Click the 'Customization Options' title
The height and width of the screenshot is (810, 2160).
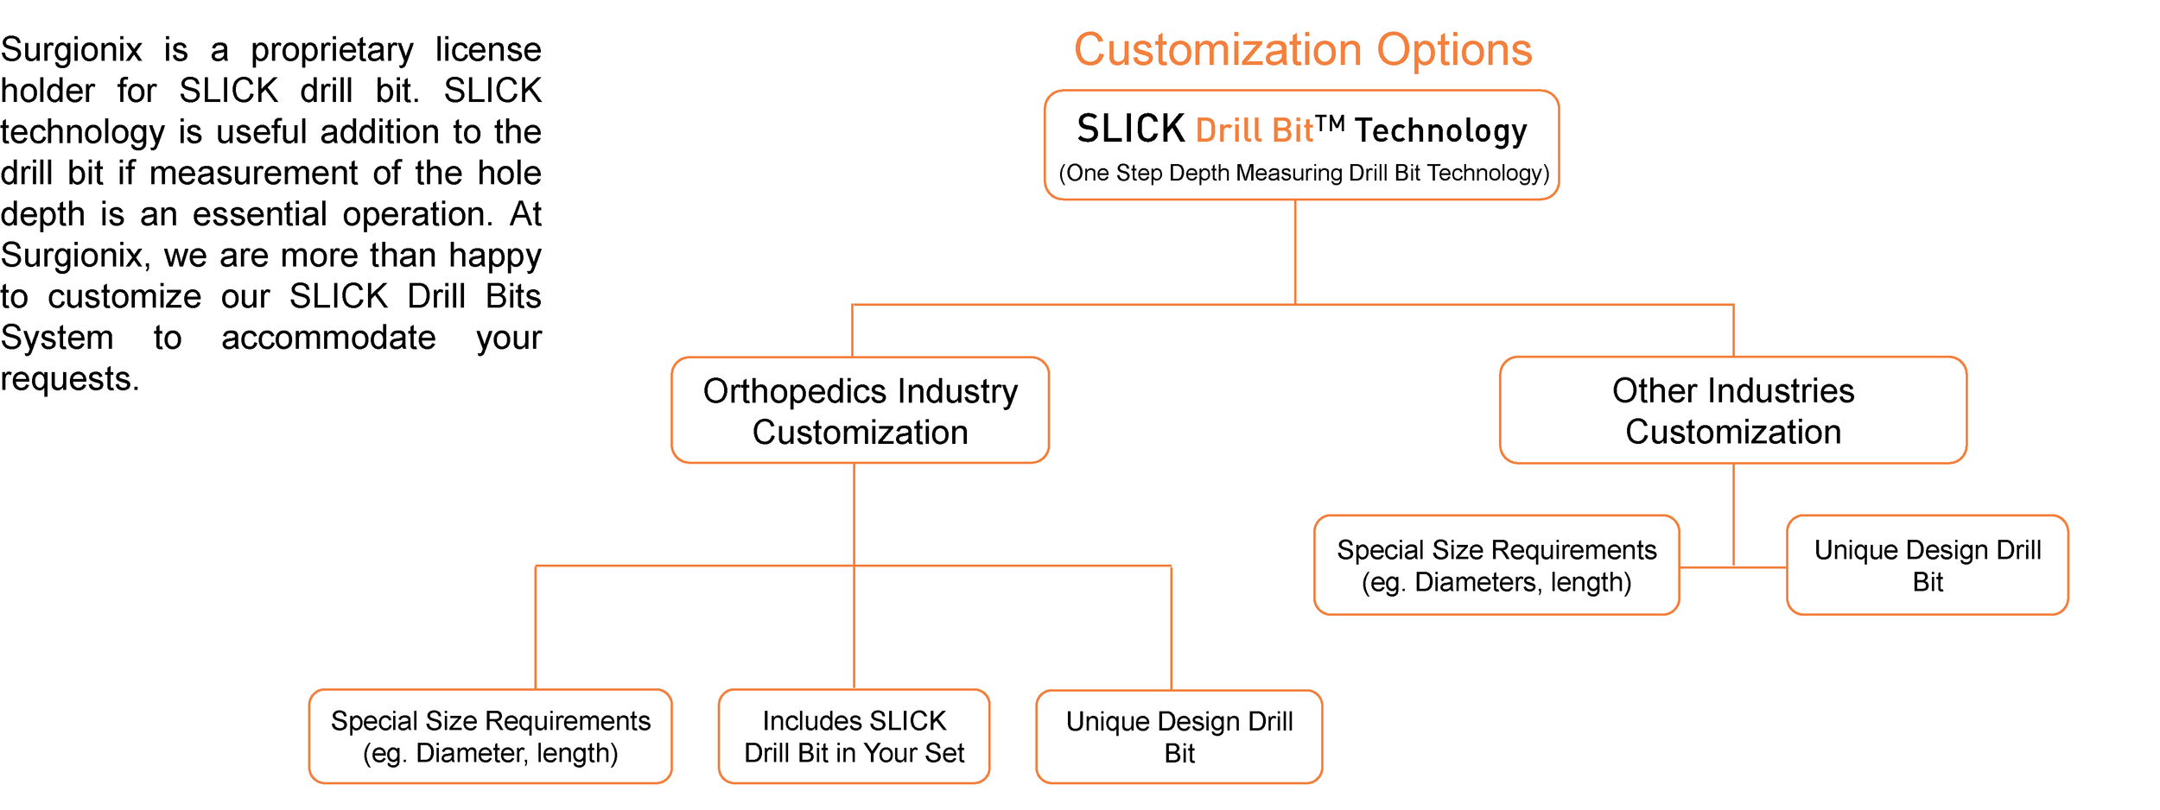1302,50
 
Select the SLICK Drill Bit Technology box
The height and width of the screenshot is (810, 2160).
1301,145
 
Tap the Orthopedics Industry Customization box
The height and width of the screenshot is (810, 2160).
860,411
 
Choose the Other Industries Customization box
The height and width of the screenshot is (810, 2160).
1732,411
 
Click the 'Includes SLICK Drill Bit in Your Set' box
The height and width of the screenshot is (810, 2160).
854,737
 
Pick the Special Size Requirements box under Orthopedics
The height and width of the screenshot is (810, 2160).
490,737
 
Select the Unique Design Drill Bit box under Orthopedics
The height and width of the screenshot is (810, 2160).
1178,737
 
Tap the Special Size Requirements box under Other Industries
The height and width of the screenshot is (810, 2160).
1496,566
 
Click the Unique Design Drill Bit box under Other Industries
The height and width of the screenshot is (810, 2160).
1927,566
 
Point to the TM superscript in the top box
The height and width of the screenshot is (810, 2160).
1330,123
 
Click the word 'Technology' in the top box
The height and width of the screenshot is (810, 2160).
1440,131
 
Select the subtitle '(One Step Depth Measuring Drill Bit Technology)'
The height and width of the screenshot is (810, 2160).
1303,174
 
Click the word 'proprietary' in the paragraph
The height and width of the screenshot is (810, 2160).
332,51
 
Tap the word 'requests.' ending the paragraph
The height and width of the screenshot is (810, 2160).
70,379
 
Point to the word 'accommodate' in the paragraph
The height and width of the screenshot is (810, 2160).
328,338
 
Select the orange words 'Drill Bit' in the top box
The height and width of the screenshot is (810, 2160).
1255,131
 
